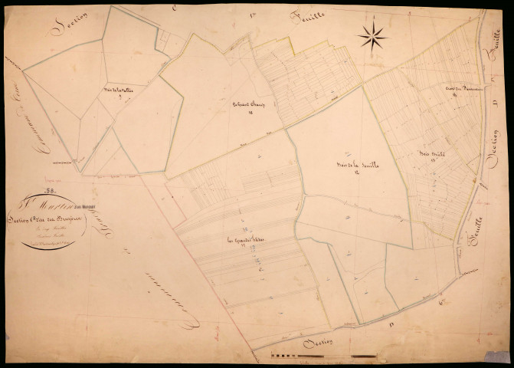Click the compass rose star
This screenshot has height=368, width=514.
(372, 36)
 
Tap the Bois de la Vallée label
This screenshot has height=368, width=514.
(118, 92)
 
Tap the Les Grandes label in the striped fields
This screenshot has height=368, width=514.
(244, 243)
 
